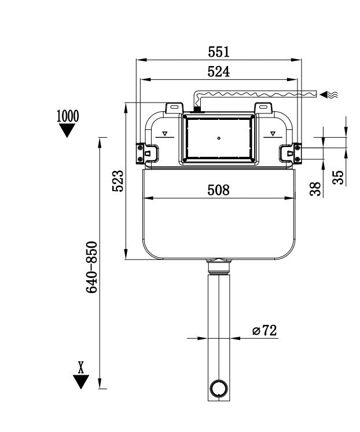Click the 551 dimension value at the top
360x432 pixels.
point(219,52)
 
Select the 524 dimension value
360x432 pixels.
point(219,72)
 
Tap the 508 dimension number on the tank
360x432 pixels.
point(219,190)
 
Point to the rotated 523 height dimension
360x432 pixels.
point(117,182)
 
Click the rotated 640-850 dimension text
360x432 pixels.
point(92,267)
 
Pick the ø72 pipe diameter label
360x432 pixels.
point(265,331)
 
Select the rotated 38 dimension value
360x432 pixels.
point(315,189)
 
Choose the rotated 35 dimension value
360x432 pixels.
point(338,177)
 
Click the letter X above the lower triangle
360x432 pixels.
point(81,366)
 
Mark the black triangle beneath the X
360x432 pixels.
point(81,382)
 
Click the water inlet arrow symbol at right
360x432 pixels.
point(330,94)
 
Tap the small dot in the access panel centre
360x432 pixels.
point(219,138)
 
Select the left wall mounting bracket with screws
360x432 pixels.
point(141,153)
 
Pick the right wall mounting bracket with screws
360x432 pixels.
point(296,152)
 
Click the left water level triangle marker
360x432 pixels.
point(165,134)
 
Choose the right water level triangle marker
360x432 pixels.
point(272,134)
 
